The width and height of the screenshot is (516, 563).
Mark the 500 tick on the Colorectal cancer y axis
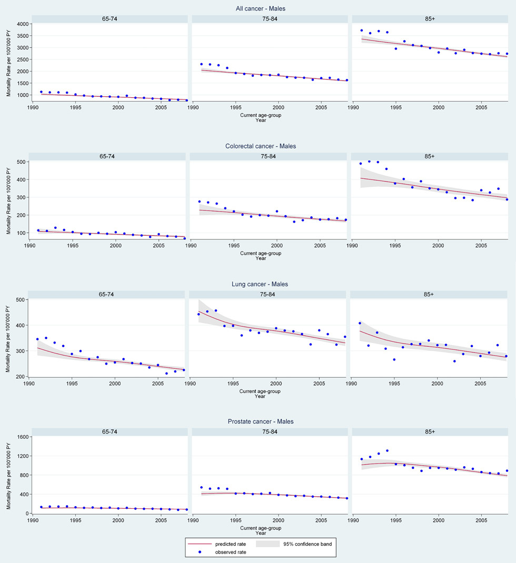[x=22, y=162]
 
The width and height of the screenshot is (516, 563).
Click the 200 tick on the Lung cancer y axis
[x=22, y=377]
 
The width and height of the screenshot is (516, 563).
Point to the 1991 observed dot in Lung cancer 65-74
[x=37, y=339]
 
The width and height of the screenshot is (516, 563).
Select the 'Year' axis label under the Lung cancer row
[x=261, y=396]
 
